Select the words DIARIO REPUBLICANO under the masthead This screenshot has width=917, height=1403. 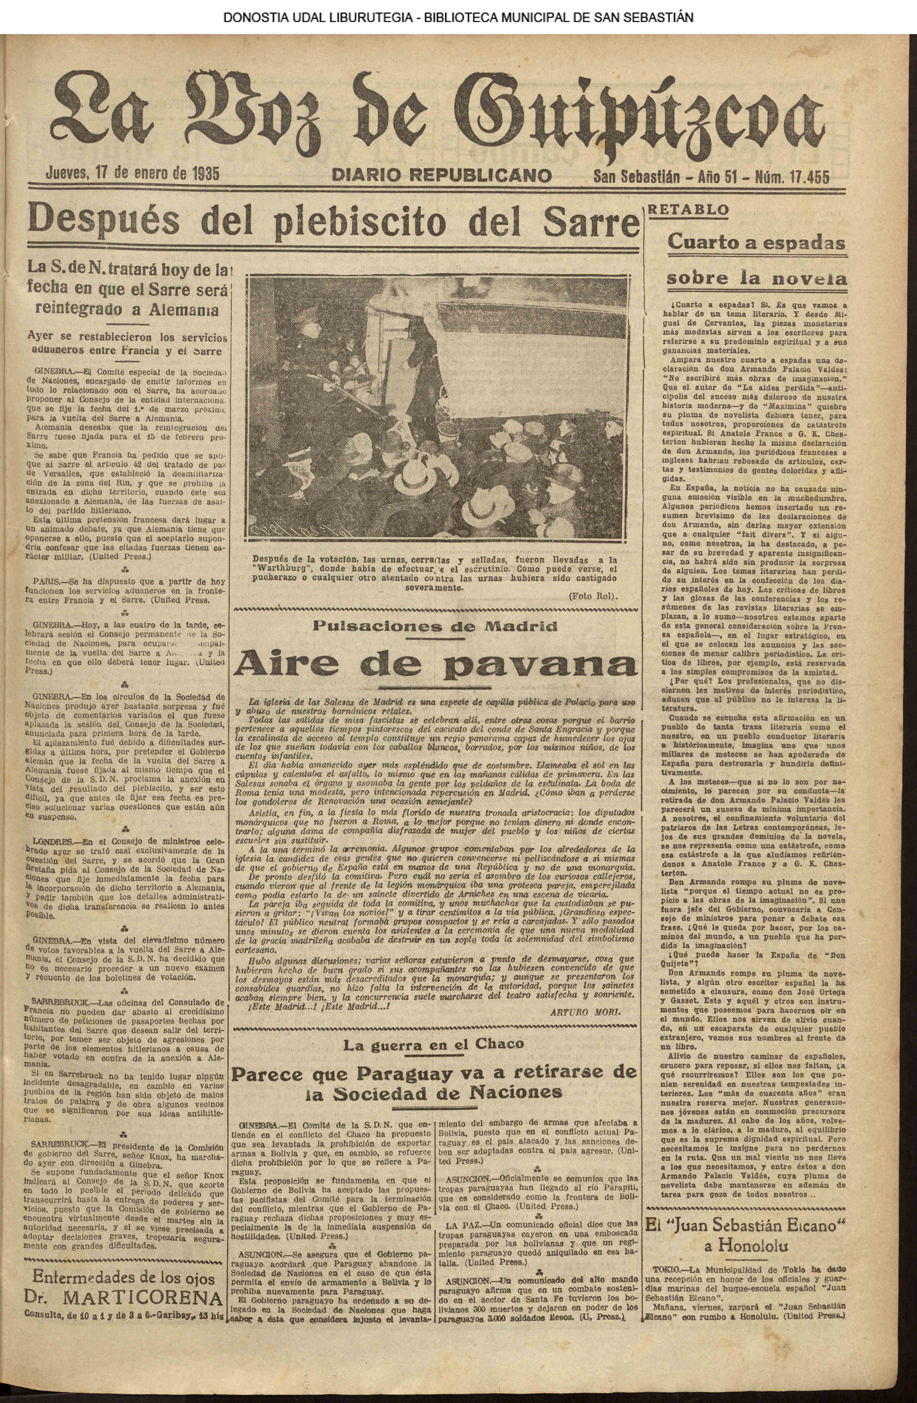coord(442,176)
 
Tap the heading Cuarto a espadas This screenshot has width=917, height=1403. coord(756,242)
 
